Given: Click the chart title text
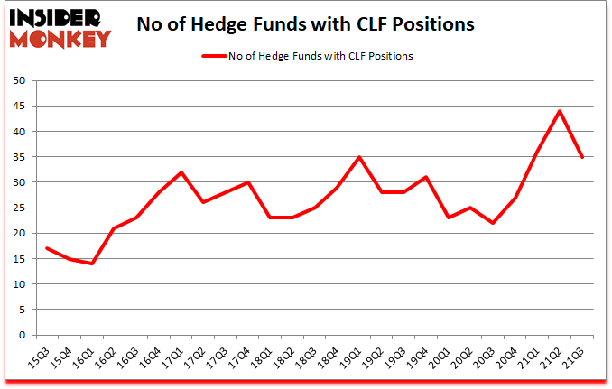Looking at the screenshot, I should coord(305,24).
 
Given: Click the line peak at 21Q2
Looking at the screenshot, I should coord(560,111).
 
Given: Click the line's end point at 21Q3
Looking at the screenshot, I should coord(582,157).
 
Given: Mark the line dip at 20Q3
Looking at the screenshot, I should coord(493,223).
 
